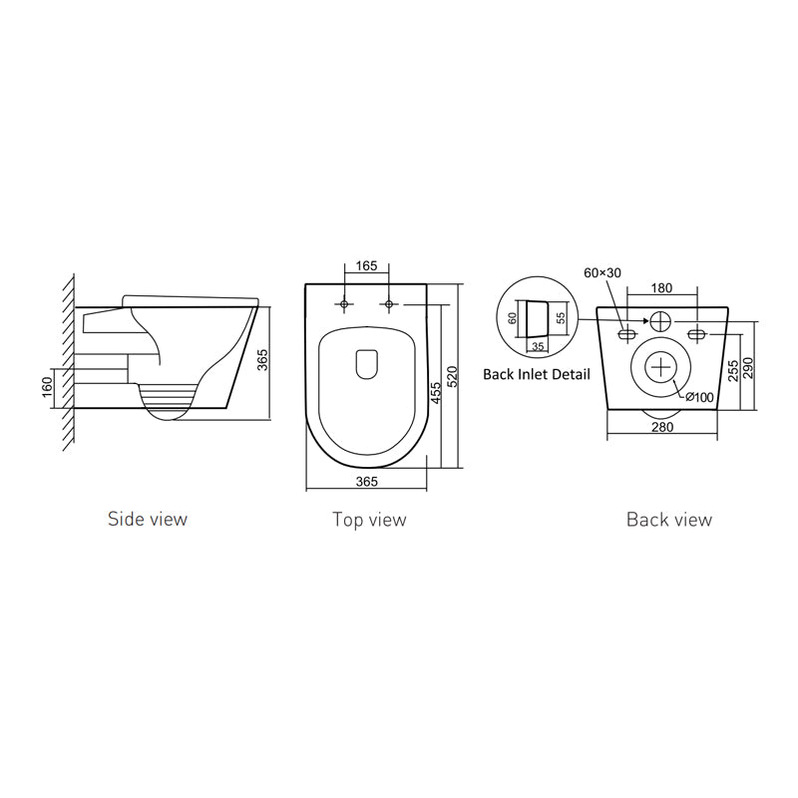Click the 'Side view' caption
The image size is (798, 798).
point(148,519)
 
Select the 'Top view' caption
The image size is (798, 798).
point(369,520)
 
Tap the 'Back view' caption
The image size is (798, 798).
point(669,520)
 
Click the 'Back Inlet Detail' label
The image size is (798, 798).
point(536,375)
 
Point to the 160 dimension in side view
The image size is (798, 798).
point(47,385)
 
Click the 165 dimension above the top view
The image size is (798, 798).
point(366,266)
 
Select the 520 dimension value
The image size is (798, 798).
point(452,376)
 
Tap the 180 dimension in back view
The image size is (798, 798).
point(660,288)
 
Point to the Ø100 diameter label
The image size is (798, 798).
point(700,397)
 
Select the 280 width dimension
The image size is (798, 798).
point(662,428)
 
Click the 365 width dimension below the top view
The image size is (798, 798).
point(366,481)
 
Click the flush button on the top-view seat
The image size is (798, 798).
point(366,363)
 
